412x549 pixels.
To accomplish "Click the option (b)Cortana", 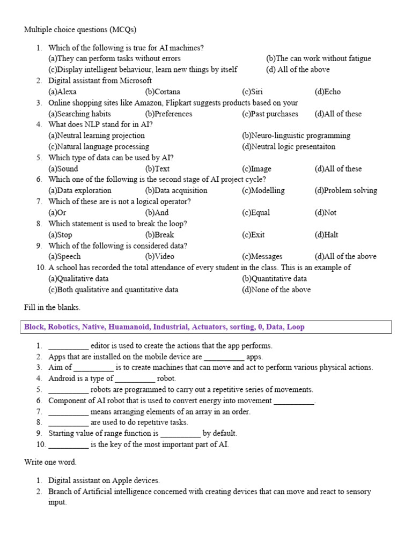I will tap(163, 92).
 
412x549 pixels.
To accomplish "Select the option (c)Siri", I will tap(252, 92).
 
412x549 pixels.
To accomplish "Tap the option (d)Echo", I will tap(327, 92).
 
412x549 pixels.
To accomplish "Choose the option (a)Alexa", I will tap(62, 92).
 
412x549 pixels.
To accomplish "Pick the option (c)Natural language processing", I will tap(99, 146).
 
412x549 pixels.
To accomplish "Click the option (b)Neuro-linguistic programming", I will tap(296, 136).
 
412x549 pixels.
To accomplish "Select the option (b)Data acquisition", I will tap(176, 190).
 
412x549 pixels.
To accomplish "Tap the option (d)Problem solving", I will tap(345, 190).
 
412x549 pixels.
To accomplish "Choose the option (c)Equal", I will tap(256, 212).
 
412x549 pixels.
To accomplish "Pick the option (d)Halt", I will tap(326, 234).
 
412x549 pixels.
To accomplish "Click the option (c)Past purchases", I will tap(270, 114).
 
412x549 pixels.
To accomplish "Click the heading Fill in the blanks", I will tap(52, 308).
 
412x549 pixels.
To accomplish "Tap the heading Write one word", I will tap(50, 462).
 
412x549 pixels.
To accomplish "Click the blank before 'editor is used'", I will tap(68, 346).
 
